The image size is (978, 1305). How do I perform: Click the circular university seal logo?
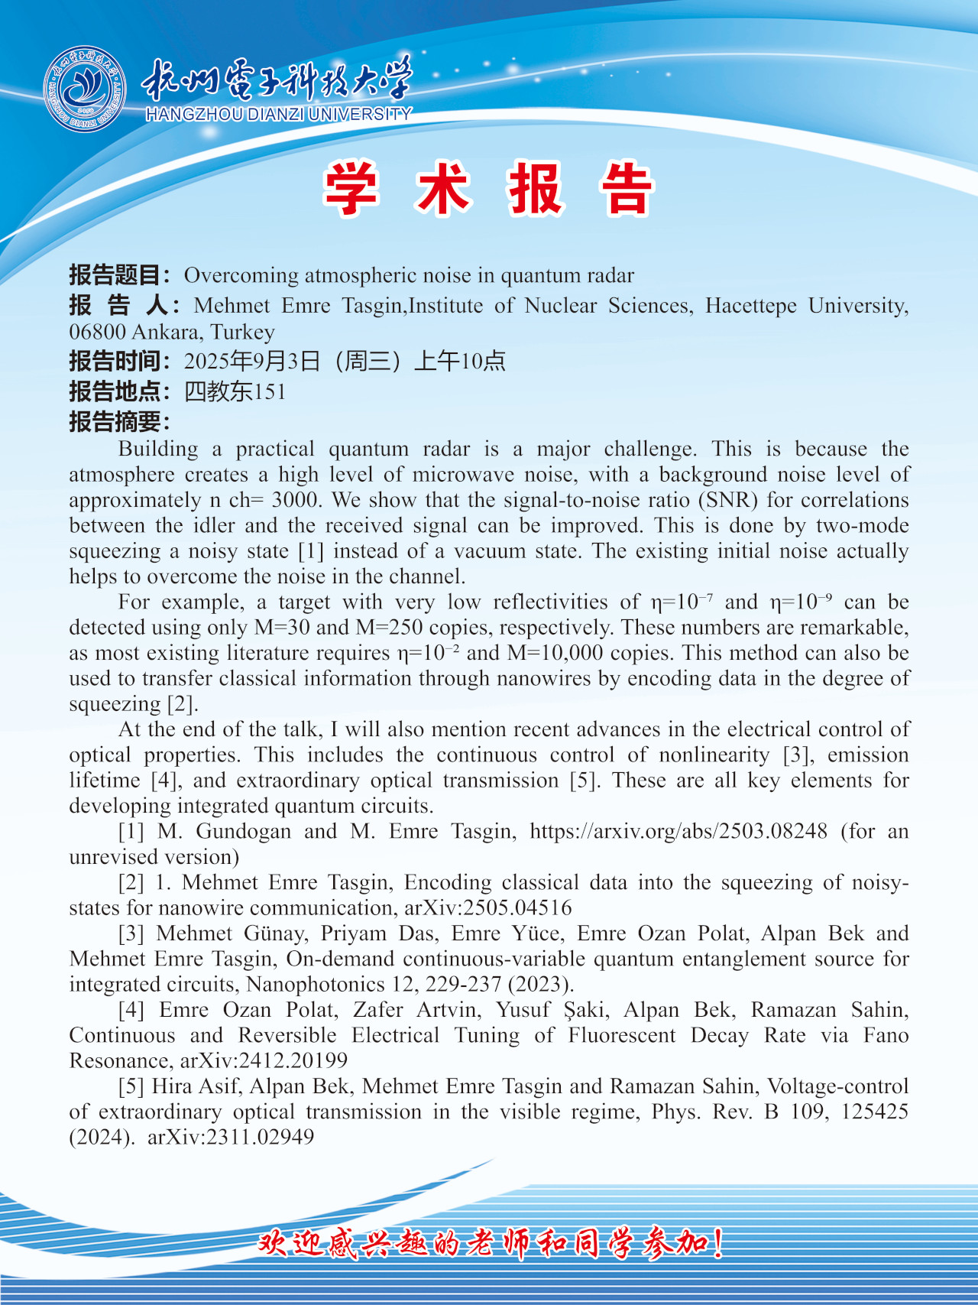85,89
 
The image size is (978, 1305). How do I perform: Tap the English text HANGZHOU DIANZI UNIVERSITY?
278,115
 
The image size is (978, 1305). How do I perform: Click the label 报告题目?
115,275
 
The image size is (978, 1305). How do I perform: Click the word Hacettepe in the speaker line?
750,306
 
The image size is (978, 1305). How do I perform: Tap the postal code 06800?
97,332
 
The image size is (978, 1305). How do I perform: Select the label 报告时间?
115,361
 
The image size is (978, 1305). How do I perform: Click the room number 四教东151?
235,391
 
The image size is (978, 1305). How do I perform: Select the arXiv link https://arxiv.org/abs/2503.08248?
678,831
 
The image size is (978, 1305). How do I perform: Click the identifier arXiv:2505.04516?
488,907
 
